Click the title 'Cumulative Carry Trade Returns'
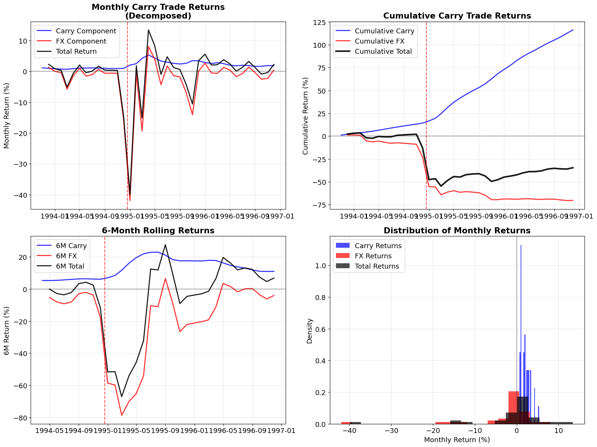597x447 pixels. click(x=457, y=16)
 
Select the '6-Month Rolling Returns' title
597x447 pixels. click(x=158, y=231)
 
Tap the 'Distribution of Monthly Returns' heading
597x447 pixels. click(x=457, y=231)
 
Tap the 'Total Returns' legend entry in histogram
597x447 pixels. click(x=377, y=266)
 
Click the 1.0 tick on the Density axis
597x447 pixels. click(x=321, y=266)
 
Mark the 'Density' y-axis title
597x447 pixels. click(x=310, y=330)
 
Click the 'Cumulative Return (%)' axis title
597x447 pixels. click(x=306, y=116)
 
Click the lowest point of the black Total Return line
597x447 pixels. click(x=130, y=195)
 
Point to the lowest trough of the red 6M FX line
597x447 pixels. click(x=122, y=415)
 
